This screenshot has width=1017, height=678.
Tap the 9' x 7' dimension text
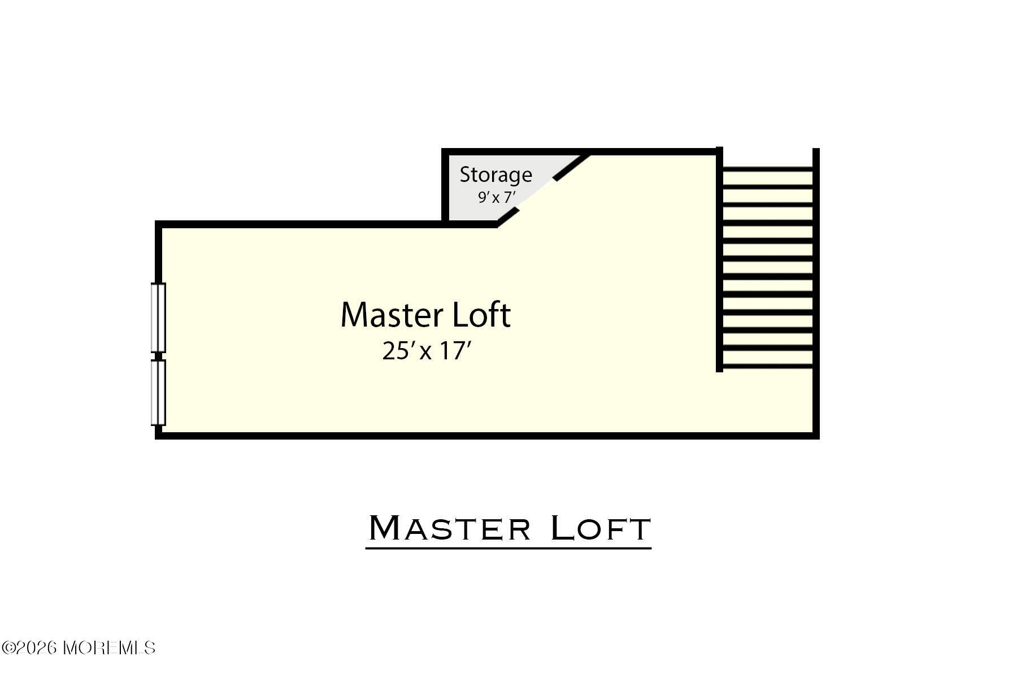(497, 198)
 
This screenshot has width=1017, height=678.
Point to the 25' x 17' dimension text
(427, 351)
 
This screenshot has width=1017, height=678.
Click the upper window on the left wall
(158, 318)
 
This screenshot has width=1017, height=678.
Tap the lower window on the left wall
(158, 393)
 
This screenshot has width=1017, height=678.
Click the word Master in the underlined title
(450, 529)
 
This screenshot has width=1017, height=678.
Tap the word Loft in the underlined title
(600, 529)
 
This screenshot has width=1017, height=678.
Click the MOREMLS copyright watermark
(79, 647)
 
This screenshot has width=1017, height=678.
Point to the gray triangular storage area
(486, 186)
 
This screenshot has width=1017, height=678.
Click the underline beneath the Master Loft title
(508, 547)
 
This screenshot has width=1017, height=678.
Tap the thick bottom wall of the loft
(487, 436)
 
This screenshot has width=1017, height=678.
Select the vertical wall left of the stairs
(719, 260)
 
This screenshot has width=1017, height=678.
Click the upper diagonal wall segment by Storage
(572, 167)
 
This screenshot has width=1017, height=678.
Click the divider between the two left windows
(158, 356)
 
